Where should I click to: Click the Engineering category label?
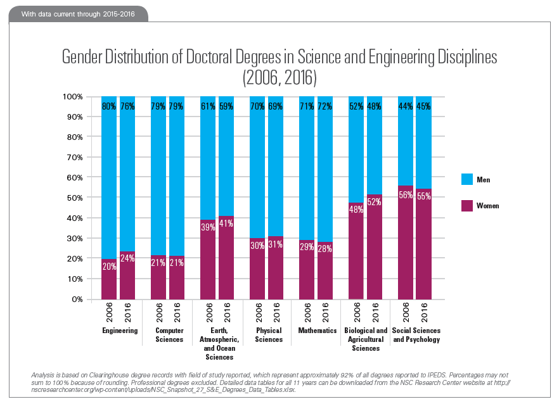[119, 331]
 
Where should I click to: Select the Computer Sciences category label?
[169, 335]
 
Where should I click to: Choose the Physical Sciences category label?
[269, 335]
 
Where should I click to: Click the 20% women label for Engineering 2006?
[109, 267]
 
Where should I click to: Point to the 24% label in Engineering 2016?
[128, 258]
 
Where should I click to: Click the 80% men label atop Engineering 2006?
[109, 106]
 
